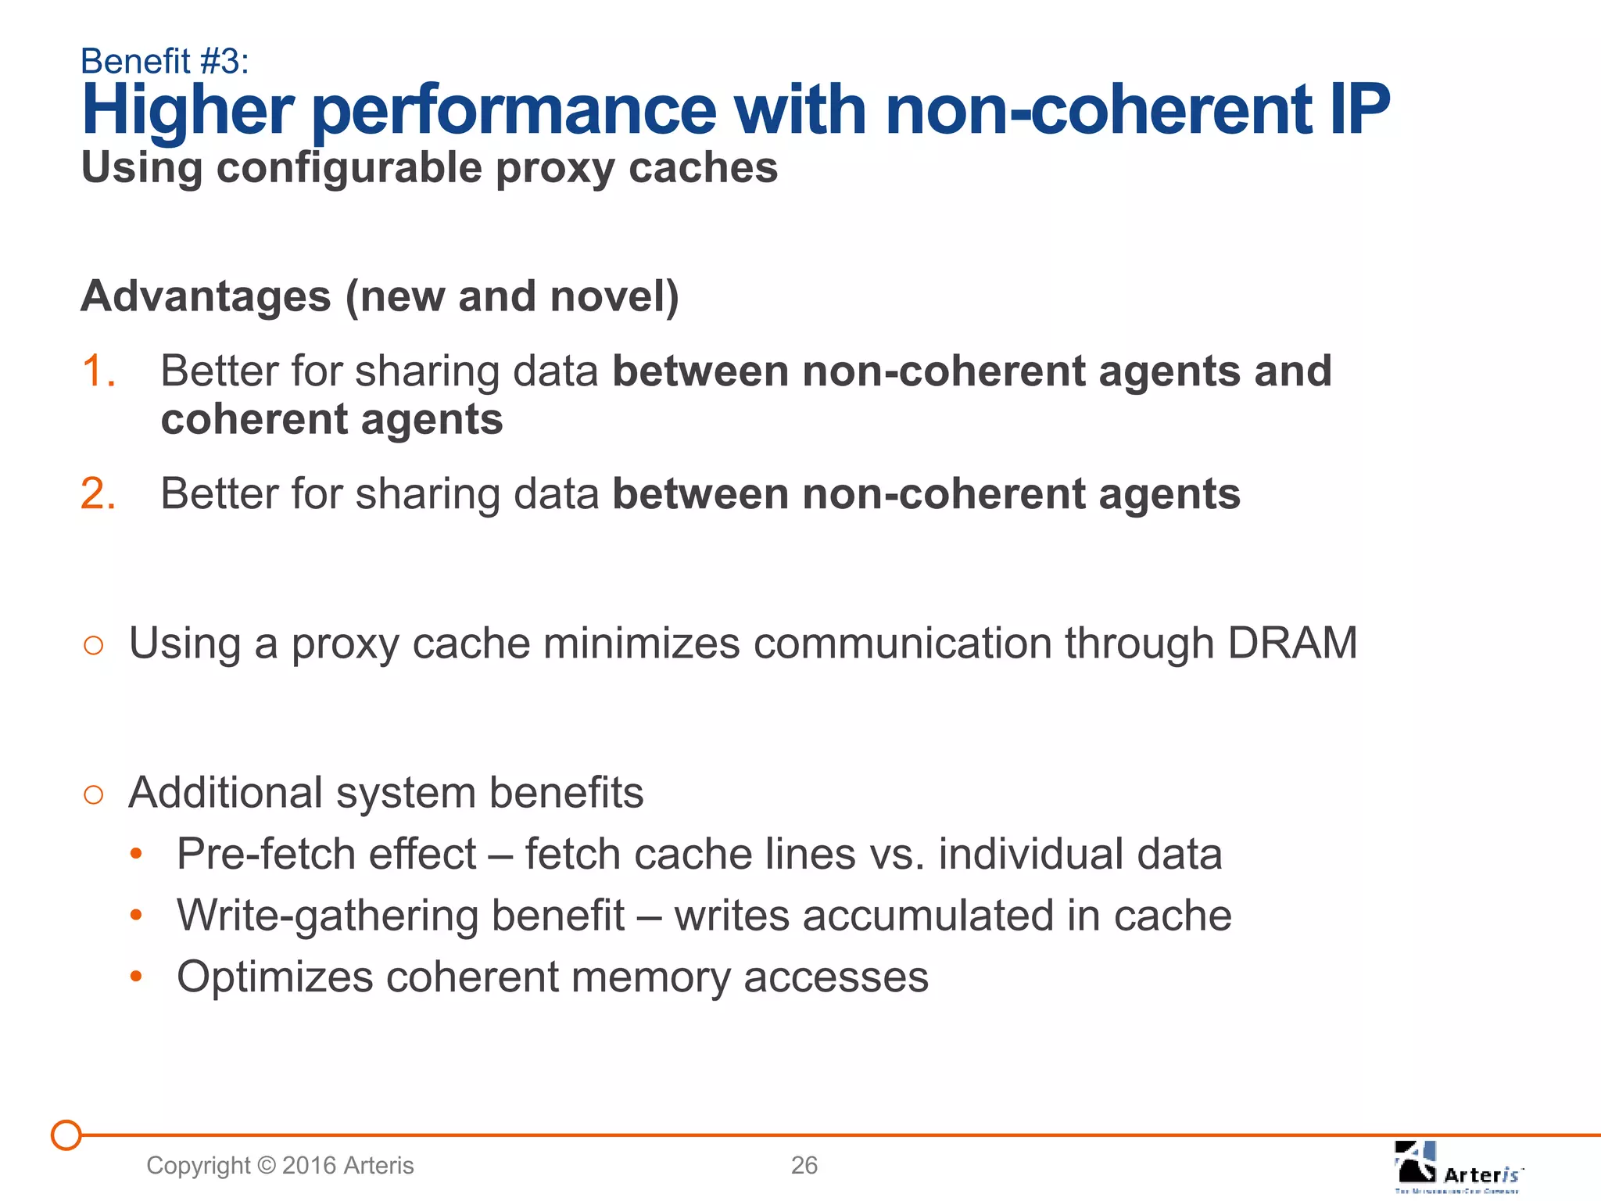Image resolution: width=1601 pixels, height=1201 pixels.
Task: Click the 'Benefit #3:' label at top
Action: click(x=164, y=61)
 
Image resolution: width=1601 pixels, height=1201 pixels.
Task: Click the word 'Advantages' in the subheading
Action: click(x=206, y=296)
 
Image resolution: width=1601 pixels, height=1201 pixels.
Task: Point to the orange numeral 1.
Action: click(x=98, y=371)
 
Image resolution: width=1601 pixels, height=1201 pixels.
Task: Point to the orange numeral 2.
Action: click(x=98, y=494)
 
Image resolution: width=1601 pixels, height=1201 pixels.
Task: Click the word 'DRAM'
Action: click(x=1291, y=644)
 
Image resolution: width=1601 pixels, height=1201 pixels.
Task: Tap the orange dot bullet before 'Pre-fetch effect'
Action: click(x=136, y=855)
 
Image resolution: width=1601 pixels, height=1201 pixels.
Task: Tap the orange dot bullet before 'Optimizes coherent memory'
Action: click(x=136, y=977)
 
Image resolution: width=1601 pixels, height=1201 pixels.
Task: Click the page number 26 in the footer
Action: click(x=804, y=1165)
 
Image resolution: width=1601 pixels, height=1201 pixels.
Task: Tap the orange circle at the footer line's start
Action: click(x=66, y=1135)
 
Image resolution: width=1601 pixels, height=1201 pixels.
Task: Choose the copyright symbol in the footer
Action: click(x=267, y=1166)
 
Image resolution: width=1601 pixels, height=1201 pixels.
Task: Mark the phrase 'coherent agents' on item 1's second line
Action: click(x=331, y=419)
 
